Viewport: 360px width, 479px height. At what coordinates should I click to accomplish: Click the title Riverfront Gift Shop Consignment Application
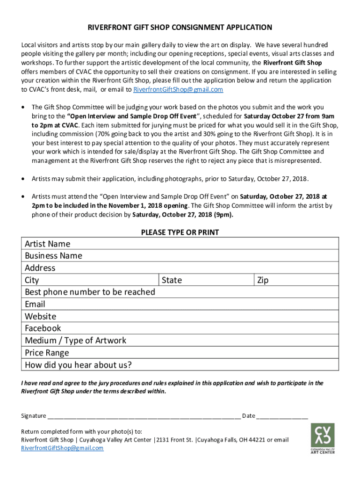coord(180,28)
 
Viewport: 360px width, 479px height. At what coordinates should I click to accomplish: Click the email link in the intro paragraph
coord(178,89)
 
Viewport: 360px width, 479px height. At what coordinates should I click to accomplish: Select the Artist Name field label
coord(47,244)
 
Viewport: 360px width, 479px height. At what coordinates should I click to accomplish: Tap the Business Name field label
coord(53,256)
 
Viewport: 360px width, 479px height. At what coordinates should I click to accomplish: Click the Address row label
coord(40,268)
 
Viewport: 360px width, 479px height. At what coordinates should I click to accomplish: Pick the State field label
coord(172,280)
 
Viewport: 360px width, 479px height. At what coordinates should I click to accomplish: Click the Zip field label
coord(263,280)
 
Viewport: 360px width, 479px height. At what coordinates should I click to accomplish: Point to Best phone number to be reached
coord(90,292)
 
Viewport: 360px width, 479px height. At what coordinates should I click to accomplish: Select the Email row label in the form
coord(35,304)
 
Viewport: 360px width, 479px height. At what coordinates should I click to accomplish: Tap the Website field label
coord(40,316)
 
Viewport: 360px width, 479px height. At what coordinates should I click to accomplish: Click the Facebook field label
coord(43,328)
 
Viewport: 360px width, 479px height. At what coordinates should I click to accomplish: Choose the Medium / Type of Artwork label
coord(75,341)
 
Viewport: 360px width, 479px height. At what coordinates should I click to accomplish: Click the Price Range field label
coord(47,353)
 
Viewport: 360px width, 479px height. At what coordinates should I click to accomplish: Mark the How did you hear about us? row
coord(78,365)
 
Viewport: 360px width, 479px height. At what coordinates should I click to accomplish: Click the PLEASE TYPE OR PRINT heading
coord(180,232)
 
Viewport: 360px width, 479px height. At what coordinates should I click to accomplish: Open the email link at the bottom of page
coord(62,448)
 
